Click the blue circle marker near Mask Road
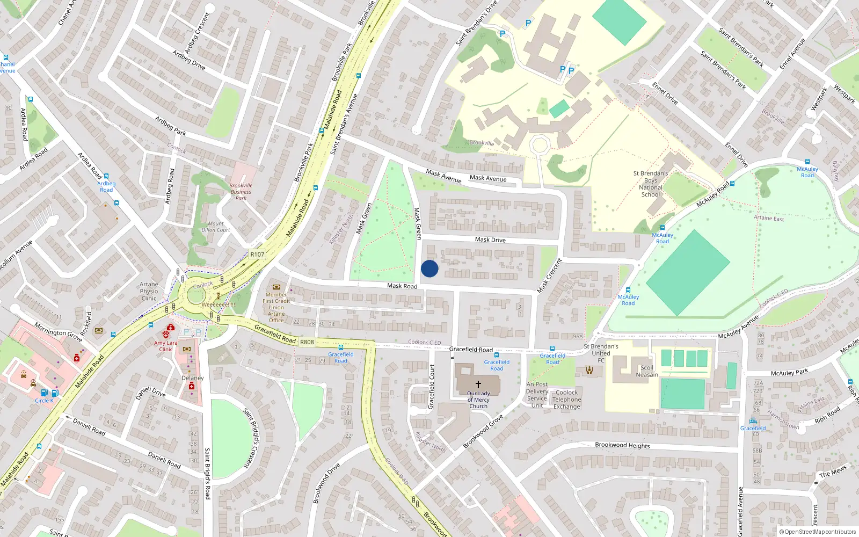429,268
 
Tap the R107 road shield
257,255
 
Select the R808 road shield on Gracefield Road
307,342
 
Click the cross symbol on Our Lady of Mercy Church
478,384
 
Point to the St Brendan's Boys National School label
651,184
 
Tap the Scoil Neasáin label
647,371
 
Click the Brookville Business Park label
241,192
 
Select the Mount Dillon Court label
216,227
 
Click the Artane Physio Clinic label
149,292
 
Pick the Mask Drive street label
490,240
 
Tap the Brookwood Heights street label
622,445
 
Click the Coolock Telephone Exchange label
567,400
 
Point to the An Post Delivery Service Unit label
537,395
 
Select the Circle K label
44,401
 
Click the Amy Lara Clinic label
165,346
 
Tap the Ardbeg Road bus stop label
106,186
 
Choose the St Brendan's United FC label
601,353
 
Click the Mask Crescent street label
550,275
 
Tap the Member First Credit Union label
276,307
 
